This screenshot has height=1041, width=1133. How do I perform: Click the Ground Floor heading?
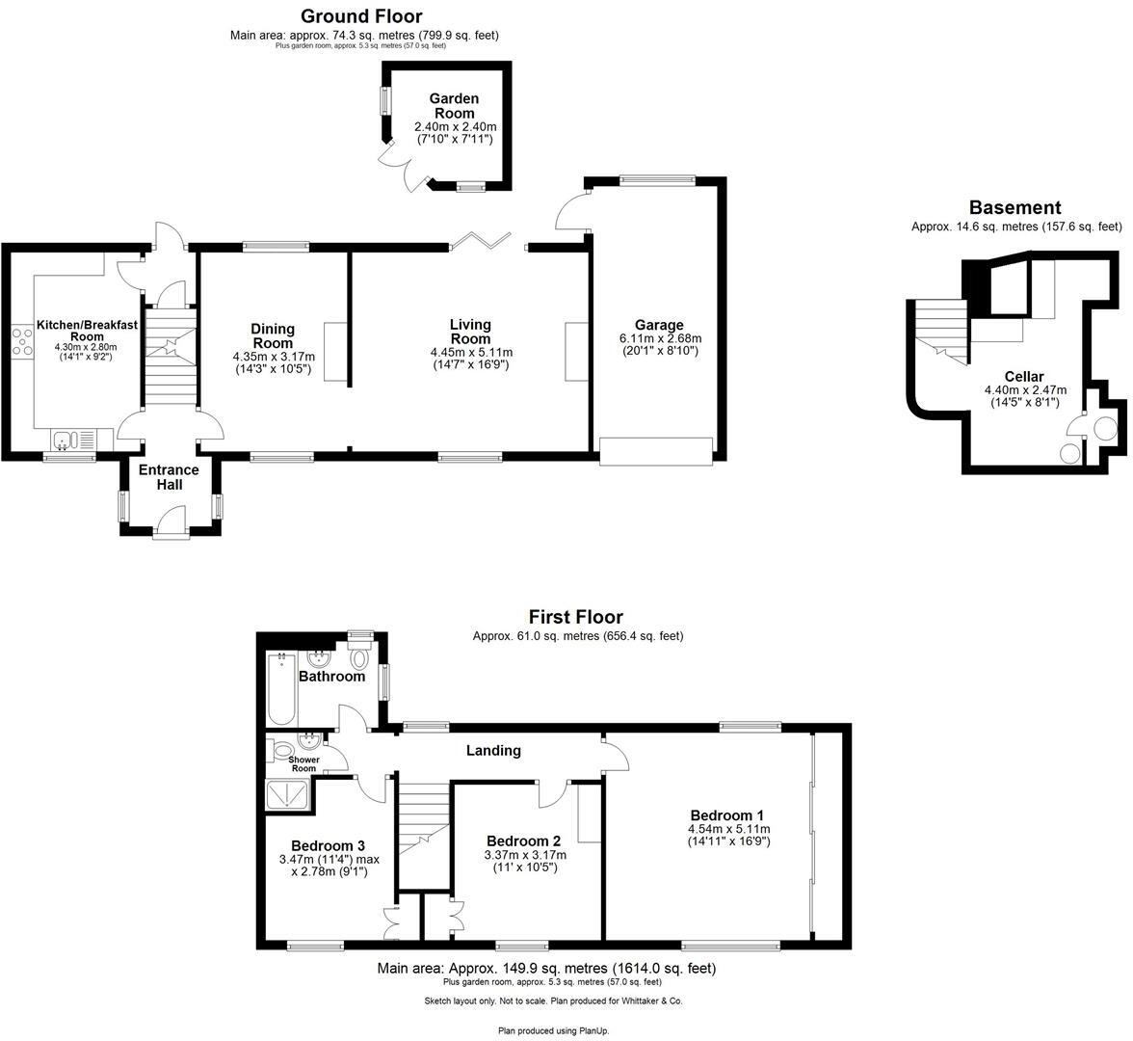tap(361, 15)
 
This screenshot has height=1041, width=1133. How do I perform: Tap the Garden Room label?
tap(453, 106)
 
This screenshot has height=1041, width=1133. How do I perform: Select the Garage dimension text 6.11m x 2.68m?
tap(660, 339)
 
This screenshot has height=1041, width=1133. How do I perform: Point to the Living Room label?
tap(470, 332)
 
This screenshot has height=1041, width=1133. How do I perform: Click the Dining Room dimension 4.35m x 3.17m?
tap(274, 357)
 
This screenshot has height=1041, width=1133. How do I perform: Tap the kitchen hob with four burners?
tap(20, 342)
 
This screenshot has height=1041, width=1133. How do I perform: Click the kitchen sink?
tap(66, 440)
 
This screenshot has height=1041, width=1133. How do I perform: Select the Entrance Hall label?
tap(169, 477)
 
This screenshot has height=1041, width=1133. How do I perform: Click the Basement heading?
tap(1014, 207)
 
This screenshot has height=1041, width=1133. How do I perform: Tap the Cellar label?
tap(1023, 377)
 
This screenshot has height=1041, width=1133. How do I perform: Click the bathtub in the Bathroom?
tap(282, 689)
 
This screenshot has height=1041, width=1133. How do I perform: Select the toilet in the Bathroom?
tap(360, 658)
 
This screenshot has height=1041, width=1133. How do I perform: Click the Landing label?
tap(493, 750)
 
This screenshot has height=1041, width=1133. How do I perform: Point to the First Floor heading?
tap(575, 617)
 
